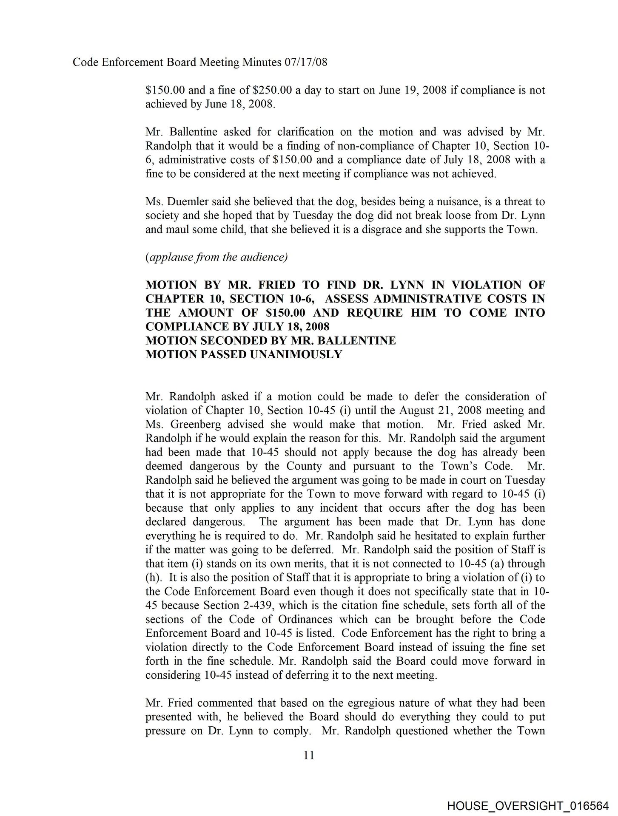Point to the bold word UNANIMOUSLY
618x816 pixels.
click(x=296, y=354)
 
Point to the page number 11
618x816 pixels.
click(x=309, y=755)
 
